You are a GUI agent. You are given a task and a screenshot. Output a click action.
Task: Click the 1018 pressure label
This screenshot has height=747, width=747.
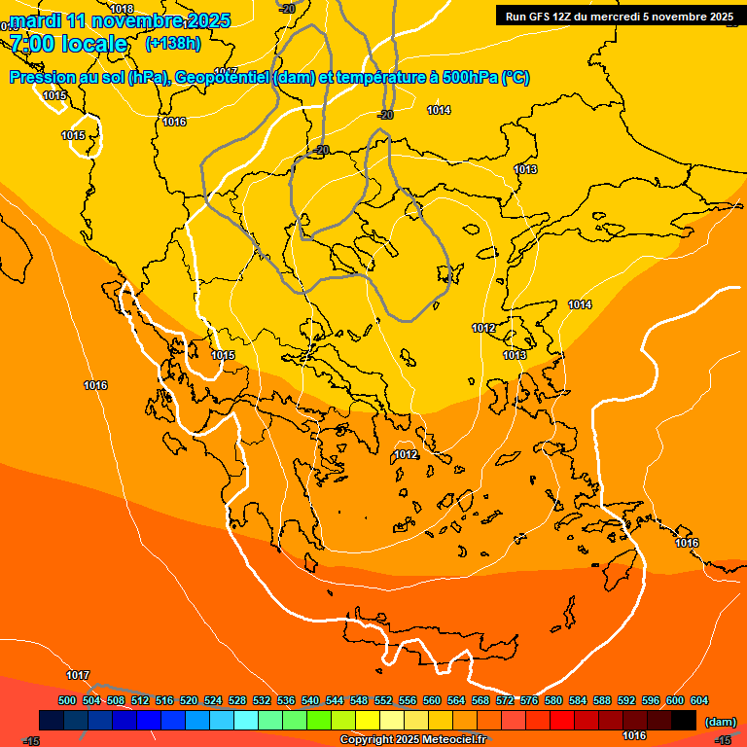(122, 9)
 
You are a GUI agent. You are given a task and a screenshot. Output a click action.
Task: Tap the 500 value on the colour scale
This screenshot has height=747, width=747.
(67, 700)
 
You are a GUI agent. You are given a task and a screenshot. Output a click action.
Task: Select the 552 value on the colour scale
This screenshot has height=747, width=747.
(383, 700)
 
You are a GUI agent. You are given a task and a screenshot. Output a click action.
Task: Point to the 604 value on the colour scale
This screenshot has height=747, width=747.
(699, 700)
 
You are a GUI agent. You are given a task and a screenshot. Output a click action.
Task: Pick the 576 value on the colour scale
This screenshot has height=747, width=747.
(529, 700)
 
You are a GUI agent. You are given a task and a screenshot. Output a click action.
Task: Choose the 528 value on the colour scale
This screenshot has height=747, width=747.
(237, 700)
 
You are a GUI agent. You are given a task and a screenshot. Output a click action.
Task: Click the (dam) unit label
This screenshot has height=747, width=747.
(720, 721)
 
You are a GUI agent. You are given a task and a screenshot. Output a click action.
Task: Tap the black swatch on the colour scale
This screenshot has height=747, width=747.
(683, 720)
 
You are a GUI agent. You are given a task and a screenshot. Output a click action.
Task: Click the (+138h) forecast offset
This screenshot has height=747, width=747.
(172, 43)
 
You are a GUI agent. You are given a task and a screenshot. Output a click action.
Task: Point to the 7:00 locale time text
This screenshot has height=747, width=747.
(68, 44)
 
